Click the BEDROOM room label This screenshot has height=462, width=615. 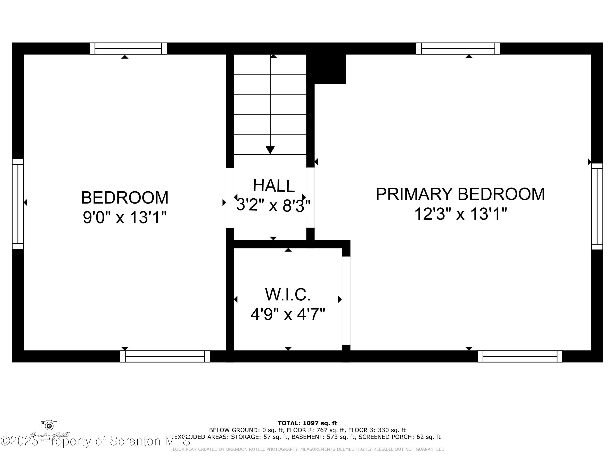point(125,198)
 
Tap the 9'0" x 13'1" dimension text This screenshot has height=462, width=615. point(125,217)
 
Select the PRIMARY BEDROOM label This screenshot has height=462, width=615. point(460,194)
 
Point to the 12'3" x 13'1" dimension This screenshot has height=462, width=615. point(460,214)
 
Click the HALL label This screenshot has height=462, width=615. point(274,185)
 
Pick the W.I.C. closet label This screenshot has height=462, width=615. point(288,295)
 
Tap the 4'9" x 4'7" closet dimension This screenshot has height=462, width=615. point(288,314)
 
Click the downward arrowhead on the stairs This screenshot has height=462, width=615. point(270,150)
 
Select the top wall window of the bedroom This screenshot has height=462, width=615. point(128,48)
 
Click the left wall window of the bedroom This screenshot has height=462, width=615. point(18,204)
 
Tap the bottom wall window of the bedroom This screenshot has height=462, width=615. point(165,356)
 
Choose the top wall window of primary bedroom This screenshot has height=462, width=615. point(458,48)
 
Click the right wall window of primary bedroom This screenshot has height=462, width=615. point(597,206)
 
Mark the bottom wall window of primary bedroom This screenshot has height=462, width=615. point(520,356)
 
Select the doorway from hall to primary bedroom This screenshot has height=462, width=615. point(310,198)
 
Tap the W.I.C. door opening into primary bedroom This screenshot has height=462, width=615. point(346,300)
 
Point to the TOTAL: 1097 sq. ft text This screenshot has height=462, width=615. point(307,423)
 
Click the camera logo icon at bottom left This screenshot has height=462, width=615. point(49,425)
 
